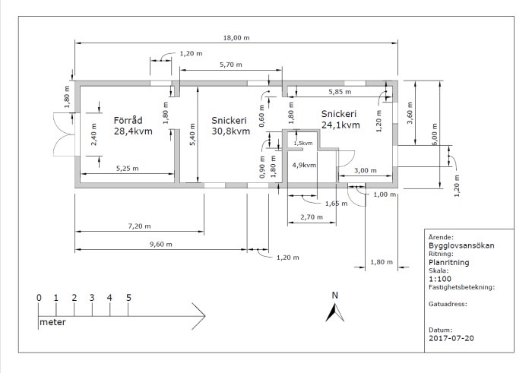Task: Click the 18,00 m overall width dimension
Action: [x=236, y=38]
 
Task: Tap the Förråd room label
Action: [x=128, y=120]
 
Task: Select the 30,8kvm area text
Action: [x=231, y=131]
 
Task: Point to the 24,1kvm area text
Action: [x=340, y=125]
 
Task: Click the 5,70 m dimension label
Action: [x=231, y=65]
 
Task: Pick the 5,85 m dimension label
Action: [x=340, y=92]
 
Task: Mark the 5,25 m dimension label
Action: [x=127, y=168]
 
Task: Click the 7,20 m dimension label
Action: [x=139, y=226]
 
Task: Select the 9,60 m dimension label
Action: [x=161, y=244]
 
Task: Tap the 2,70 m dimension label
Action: [x=312, y=217]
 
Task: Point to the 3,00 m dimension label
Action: [x=366, y=170]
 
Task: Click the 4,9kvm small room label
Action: [x=304, y=165]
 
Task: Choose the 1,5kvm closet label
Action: [x=303, y=143]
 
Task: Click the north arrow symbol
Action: [x=335, y=313]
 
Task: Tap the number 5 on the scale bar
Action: [x=128, y=298]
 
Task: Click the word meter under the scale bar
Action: [x=52, y=322]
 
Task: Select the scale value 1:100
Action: [x=440, y=279]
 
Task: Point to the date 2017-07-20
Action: [x=451, y=338]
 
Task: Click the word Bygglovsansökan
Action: [x=461, y=245]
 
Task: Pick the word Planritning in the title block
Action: [x=449, y=262]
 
